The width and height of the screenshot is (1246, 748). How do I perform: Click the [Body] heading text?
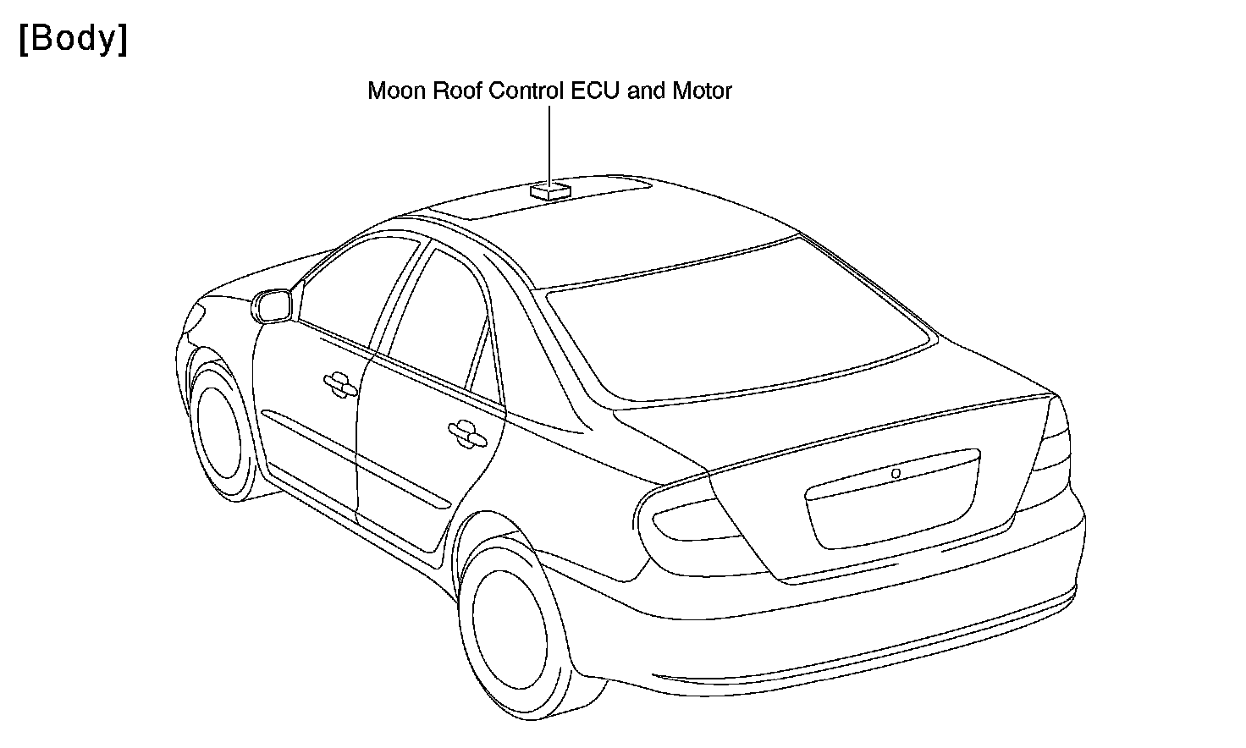coord(73,40)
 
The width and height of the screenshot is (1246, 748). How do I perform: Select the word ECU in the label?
coord(597,91)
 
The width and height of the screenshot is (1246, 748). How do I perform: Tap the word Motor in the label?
coord(702,91)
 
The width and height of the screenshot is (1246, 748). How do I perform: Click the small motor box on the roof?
coord(550,191)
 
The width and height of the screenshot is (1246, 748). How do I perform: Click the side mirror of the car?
coord(273,305)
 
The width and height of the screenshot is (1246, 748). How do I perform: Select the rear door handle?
coord(466,432)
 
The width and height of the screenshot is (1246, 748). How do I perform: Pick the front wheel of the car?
coord(222,432)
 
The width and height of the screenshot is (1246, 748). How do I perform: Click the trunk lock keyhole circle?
coord(896,474)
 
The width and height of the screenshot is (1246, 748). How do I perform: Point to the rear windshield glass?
coord(736,330)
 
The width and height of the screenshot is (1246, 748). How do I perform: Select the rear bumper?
coord(846,643)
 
